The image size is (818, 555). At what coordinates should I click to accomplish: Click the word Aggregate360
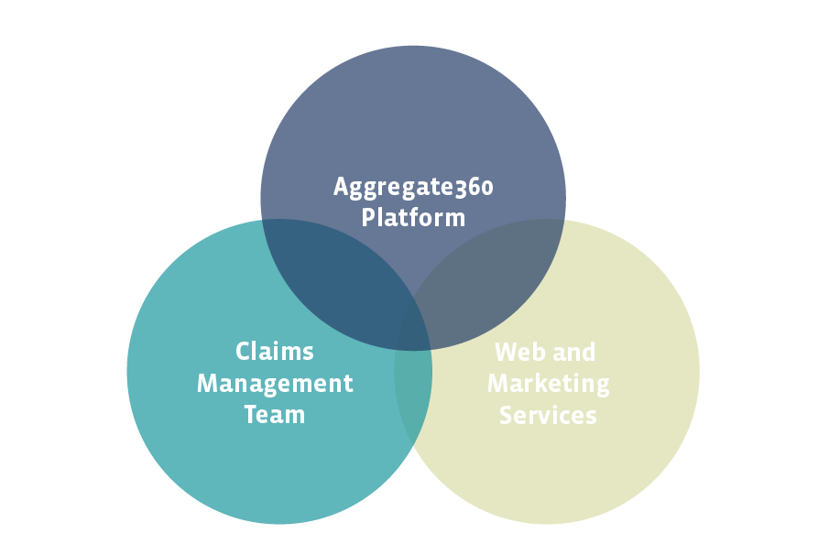pos(413,188)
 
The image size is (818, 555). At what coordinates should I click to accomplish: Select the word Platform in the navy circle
pos(413,218)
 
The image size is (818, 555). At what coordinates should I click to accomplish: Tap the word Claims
pos(275,352)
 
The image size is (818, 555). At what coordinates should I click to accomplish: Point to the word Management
pos(275,383)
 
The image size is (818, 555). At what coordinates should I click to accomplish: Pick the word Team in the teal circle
pos(275,414)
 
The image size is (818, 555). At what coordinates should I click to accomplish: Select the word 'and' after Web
pos(575,352)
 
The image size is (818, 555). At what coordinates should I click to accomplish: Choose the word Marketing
pos(548,383)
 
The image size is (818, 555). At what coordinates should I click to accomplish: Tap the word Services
pos(548,414)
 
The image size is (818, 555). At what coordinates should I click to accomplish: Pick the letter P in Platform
pos(367,218)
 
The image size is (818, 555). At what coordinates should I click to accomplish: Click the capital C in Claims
pos(243,352)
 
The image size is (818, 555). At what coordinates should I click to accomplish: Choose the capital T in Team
pos(251,414)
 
